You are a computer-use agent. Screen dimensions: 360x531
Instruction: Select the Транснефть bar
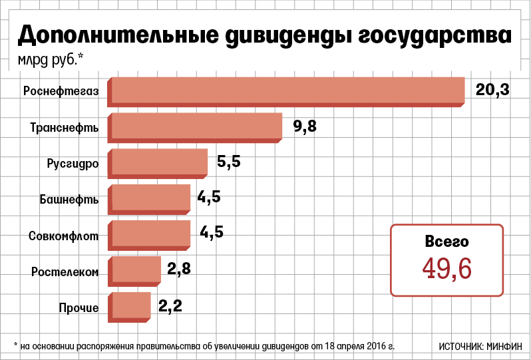click(x=197, y=126)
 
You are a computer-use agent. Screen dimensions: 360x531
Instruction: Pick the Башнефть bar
click(x=151, y=198)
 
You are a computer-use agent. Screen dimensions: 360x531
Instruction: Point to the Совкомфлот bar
click(x=151, y=234)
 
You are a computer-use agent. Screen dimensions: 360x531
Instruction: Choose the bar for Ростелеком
click(x=136, y=270)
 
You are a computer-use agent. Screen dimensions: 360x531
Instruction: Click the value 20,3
click(x=492, y=89)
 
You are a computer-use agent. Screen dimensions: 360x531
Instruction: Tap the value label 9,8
click(x=305, y=126)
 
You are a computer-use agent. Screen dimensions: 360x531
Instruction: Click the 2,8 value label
click(x=179, y=269)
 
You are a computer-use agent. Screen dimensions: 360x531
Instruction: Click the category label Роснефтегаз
click(x=65, y=91)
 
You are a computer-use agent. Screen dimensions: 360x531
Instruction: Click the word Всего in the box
click(x=446, y=242)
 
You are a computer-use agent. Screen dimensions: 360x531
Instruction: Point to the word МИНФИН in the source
click(x=504, y=346)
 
